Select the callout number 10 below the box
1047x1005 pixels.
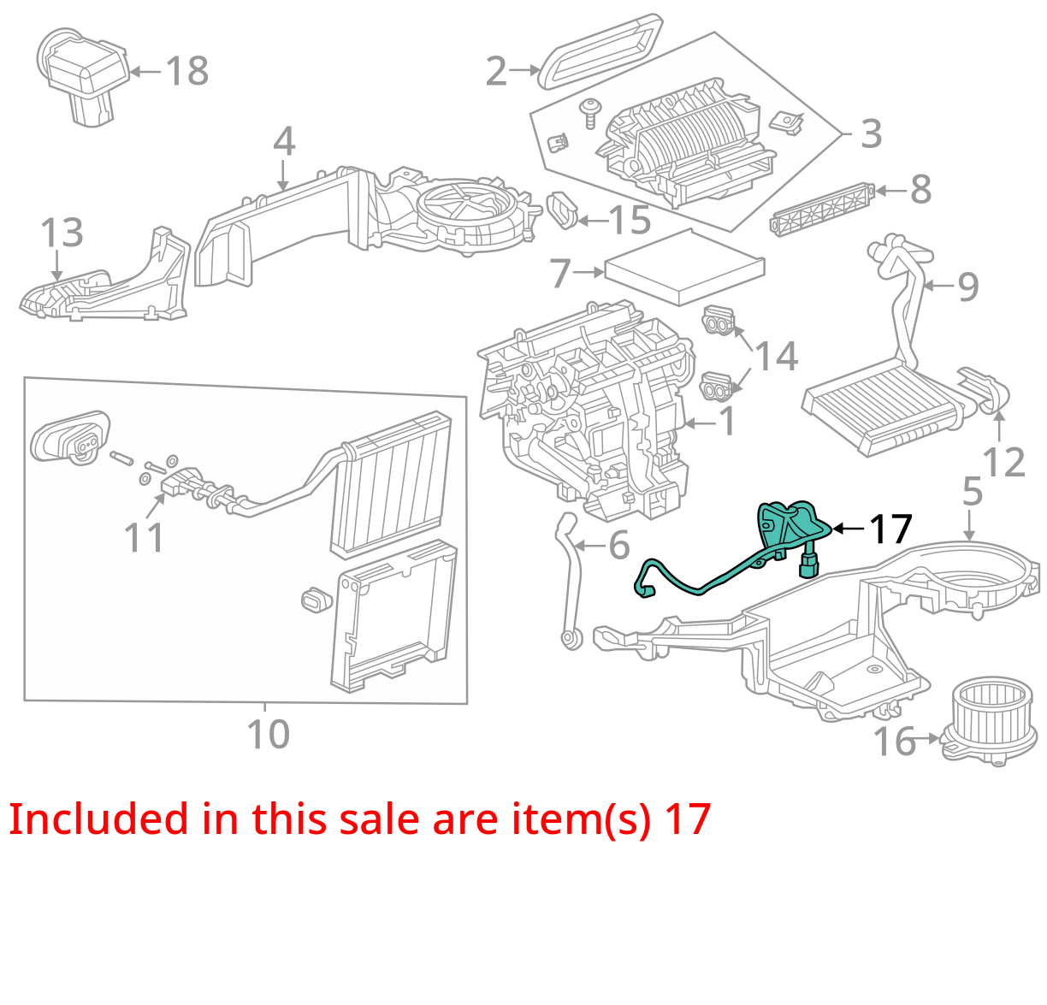268,734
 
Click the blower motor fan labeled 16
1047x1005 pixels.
990,722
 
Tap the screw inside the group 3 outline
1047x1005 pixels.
590,112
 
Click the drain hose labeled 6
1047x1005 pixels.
568,581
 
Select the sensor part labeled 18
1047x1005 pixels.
83,75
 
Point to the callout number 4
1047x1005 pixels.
284,141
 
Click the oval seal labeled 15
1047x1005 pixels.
562,210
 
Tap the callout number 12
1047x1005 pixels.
1003,462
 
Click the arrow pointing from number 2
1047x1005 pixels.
524,70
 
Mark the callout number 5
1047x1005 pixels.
973,490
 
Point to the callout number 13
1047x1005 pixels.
62,233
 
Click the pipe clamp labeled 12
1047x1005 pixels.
985,390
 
